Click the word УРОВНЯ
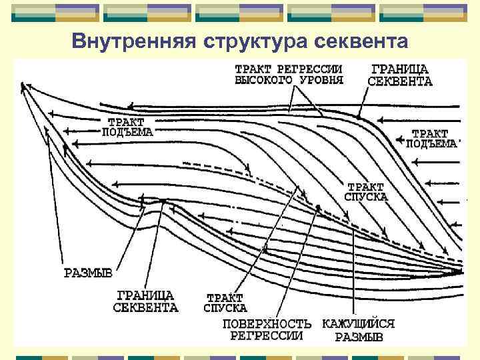(321, 80)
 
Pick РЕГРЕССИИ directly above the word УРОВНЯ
(312, 69)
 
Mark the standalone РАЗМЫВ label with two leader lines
(87, 273)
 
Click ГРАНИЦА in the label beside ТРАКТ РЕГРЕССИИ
(399, 69)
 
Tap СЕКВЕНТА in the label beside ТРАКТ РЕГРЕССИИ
(400, 82)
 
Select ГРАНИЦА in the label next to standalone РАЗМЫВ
(145, 295)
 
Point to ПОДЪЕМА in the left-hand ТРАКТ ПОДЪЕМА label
(127, 132)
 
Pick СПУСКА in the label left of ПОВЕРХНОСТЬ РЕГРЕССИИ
(225, 308)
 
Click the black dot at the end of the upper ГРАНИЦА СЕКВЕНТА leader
(359, 117)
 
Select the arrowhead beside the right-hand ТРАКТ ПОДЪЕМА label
(399, 140)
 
